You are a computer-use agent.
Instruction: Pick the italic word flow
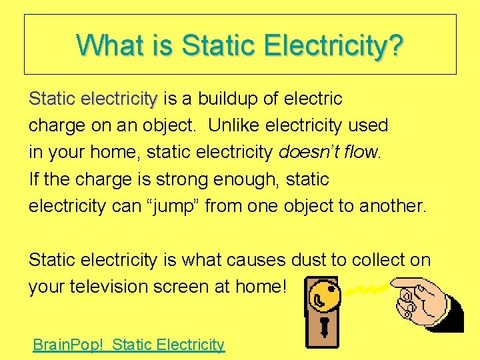[x=361, y=153]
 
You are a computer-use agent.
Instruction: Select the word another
[x=392, y=206]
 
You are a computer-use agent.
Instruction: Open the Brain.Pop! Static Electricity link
[x=129, y=345]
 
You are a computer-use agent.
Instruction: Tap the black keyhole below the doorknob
[x=325, y=327]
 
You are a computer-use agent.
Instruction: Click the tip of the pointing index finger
[x=395, y=283]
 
